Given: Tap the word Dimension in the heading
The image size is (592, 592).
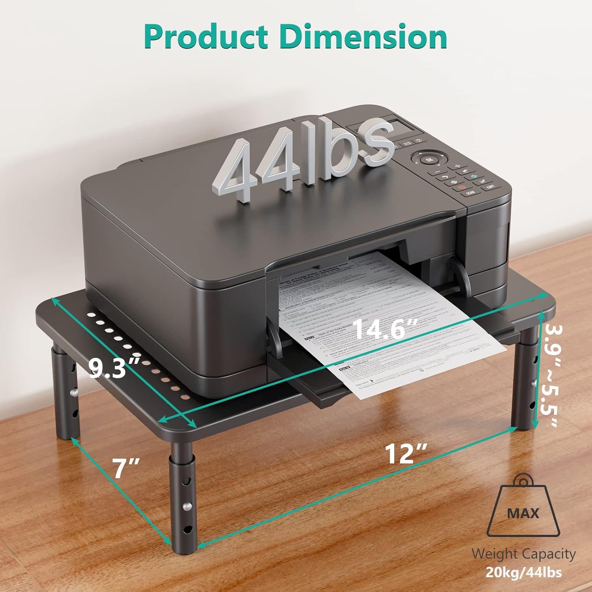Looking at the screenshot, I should [x=363, y=37].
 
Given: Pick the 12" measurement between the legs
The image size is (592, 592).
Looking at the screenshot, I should [x=406, y=453].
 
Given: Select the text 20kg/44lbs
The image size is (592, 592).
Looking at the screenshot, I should [x=523, y=572].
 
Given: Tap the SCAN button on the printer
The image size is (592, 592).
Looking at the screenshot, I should [x=470, y=193].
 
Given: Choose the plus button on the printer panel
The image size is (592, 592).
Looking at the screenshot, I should [x=457, y=166].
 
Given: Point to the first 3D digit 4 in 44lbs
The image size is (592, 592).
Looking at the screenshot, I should [x=237, y=170].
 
